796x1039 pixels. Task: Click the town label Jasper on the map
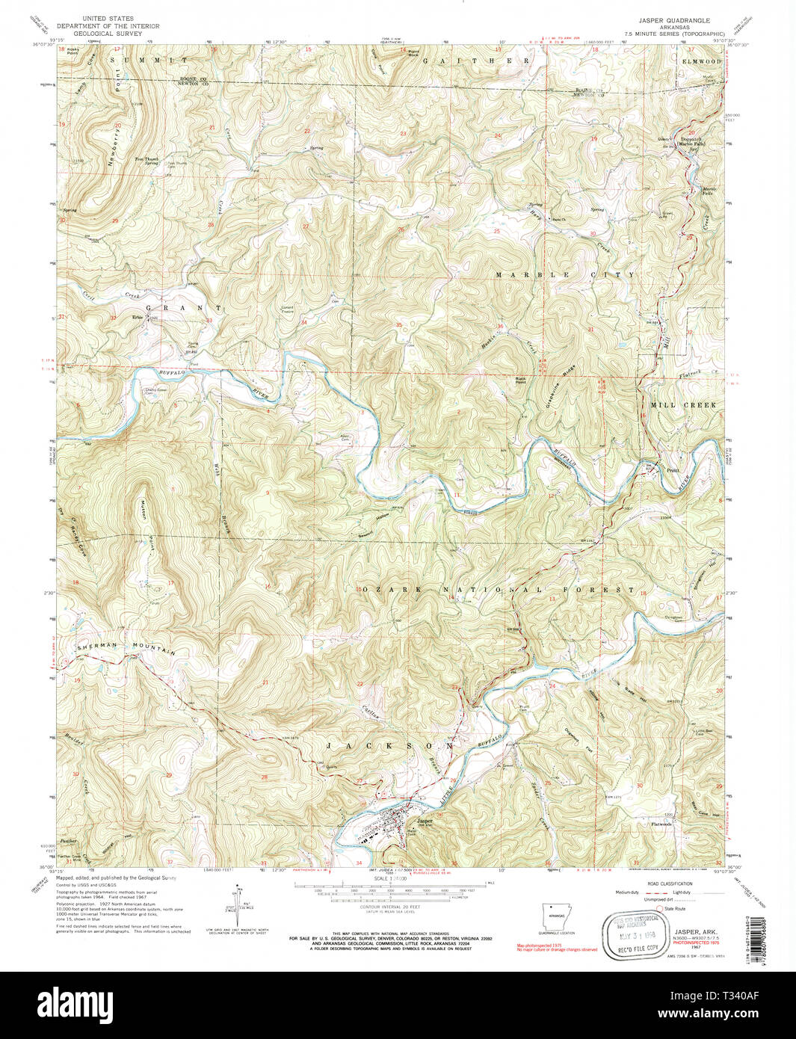(425, 821)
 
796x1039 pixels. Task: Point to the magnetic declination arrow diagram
(238, 906)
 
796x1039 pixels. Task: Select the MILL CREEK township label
(683, 404)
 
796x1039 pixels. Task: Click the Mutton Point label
(146, 530)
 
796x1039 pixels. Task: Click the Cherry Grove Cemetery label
(155, 389)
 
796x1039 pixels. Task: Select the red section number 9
(267, 493)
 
